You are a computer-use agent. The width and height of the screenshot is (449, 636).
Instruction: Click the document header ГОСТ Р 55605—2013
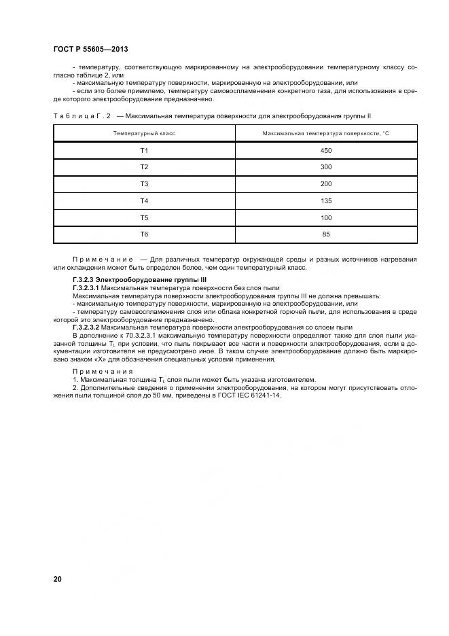[x=90, y=50]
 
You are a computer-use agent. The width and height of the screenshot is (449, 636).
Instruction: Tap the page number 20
[x=57, y=578]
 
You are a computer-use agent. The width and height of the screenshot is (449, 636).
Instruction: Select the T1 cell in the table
[x=144, y=150]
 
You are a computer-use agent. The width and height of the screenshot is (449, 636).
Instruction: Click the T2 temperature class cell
[x=144, y=167]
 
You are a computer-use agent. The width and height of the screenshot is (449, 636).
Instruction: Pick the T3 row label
[x=144, y=184]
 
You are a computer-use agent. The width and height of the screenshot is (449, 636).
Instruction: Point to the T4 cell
[x=144, y=200]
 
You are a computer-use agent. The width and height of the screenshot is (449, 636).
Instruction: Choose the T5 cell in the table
[x=144, y=217]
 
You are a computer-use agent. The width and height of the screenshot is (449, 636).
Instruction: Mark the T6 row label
[x=144, y=234]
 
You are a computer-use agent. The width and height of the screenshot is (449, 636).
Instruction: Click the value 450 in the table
[x=325, y=150]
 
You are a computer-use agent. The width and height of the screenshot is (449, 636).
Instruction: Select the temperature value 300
[x=325, y=167]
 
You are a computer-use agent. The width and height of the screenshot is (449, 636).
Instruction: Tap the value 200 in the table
[x=325, y=184]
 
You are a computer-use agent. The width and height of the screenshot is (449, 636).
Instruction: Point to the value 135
[x=325, y=200]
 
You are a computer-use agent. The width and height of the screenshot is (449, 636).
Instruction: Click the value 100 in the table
[x=325, y=217]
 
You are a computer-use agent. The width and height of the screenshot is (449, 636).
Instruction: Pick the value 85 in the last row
[x=325, y=234]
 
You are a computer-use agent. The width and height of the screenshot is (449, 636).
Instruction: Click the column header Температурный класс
[x=144, y=133]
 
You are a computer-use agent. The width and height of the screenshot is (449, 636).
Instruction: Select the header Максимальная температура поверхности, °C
[x=325, y=133]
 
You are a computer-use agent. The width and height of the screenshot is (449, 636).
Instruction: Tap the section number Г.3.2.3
[x=86, y=279]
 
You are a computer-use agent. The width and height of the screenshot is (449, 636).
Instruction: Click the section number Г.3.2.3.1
[x=88, y=288]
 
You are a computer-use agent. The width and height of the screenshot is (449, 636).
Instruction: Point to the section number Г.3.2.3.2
[x=88, y=327]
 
